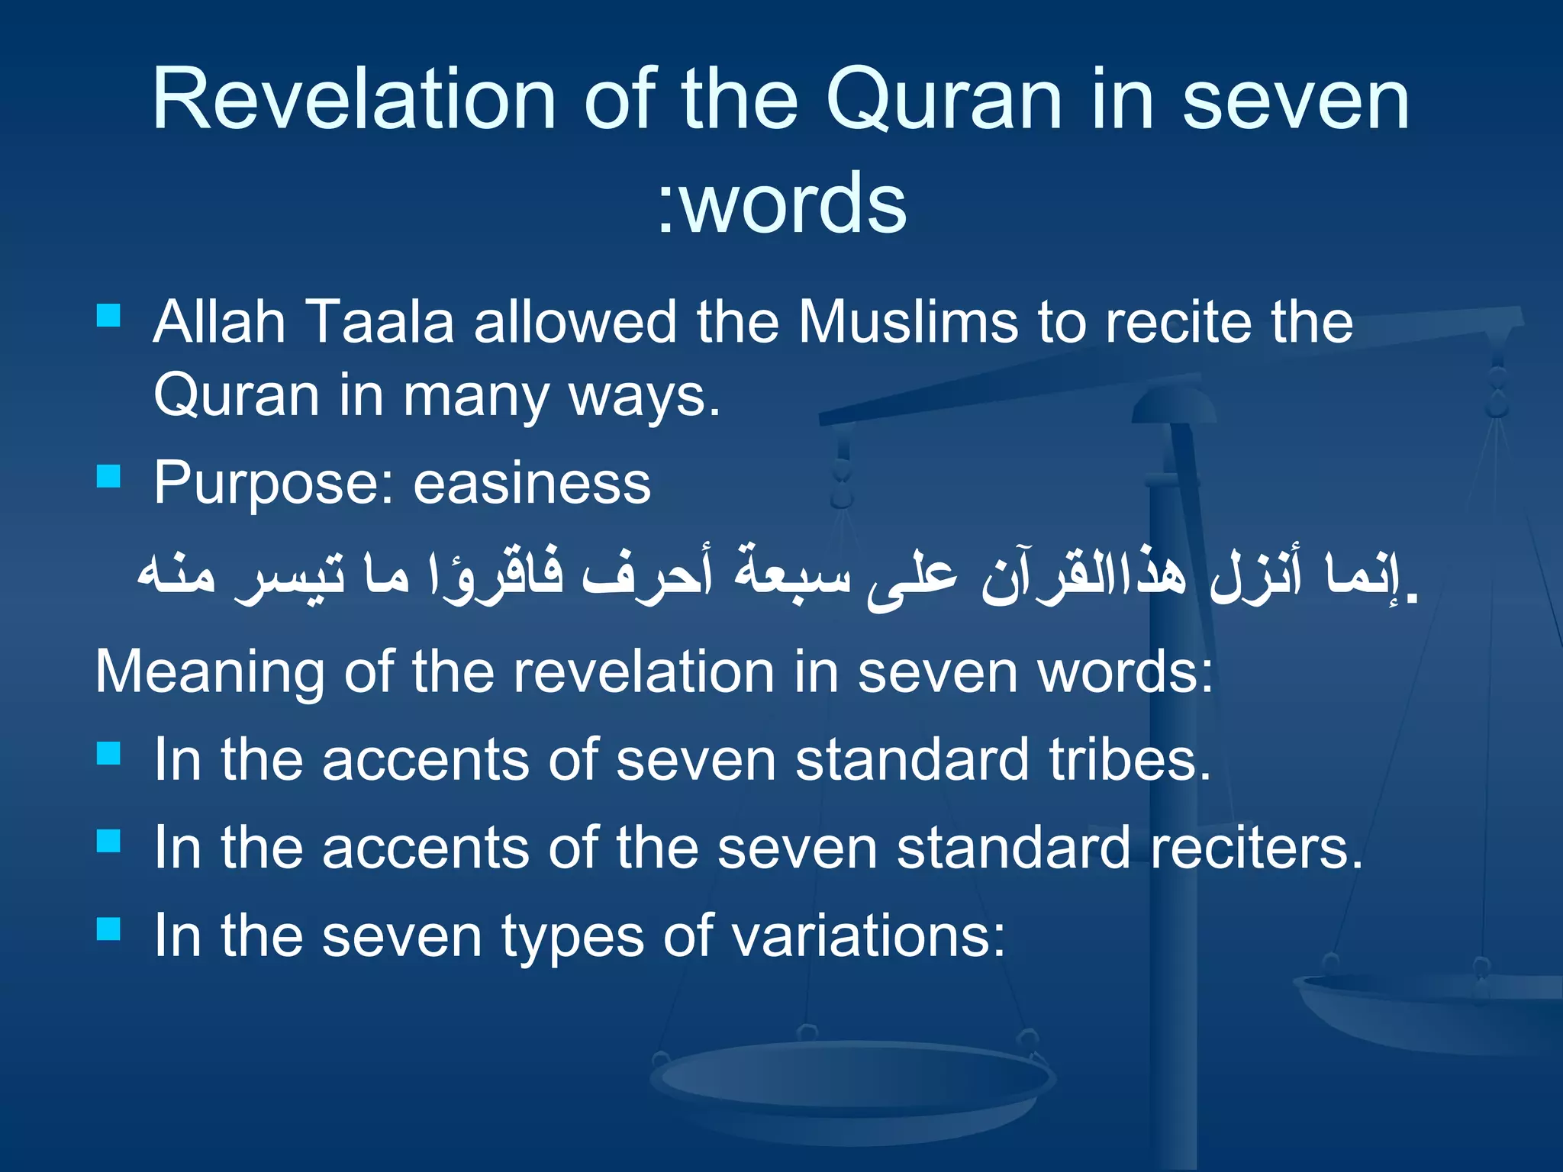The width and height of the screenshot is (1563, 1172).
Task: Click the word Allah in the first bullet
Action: pos(220,321)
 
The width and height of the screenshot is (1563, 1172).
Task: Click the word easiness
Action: pos(532,484)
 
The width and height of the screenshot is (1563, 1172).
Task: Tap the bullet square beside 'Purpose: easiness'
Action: pos(109,475)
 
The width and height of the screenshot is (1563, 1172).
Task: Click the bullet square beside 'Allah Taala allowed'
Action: pos(109,314)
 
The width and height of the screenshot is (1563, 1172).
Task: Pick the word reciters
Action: pos(1256,848)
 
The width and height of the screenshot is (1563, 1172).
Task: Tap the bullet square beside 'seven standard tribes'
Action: pos(109,753)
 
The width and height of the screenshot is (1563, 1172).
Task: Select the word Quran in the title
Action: pos(944,101)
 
